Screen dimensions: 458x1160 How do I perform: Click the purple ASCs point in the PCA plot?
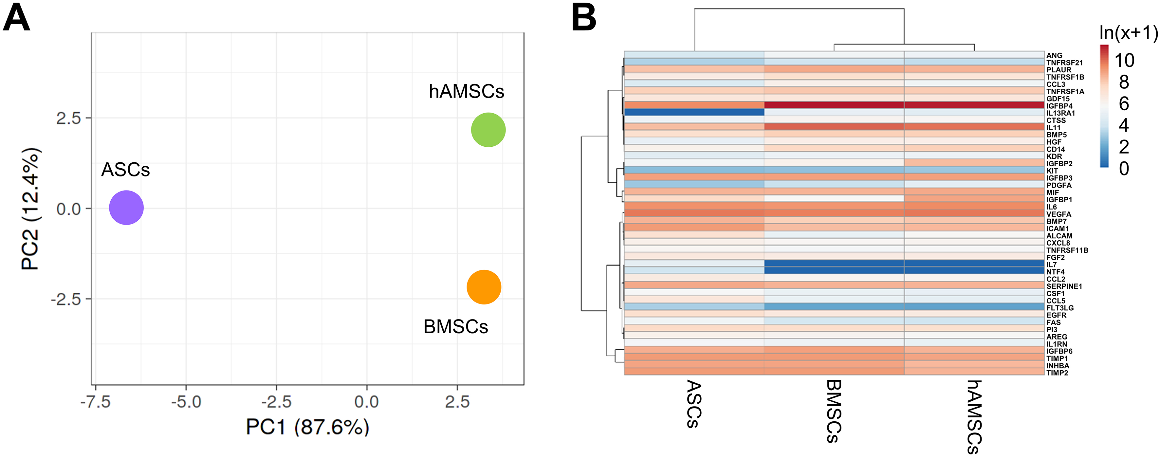pos(126,208)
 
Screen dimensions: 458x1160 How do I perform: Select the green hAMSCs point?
pos(488,130)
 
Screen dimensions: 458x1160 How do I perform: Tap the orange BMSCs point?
pos(484,287)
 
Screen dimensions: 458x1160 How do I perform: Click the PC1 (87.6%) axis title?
pos(307,427)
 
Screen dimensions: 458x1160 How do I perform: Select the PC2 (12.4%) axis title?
pos(31,209)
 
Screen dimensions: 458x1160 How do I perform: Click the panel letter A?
pos(16,18)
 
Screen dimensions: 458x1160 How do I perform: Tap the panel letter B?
pos(584,18)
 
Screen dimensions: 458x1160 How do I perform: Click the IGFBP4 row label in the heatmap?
pos(1059,106)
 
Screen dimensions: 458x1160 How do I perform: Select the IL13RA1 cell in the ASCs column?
pos(694,112)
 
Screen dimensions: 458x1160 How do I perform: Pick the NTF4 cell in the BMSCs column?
pos(834,271)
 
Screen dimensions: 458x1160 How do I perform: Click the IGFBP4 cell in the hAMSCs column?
pos(974,105)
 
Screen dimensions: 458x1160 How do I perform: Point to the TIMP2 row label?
pos(1057,373)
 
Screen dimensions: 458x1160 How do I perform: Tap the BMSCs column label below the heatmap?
pos(834,411)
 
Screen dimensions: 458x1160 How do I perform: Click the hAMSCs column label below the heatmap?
pos(974,416)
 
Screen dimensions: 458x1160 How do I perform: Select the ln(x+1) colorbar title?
pos(1128,33)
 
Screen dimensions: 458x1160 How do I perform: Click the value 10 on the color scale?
pos(1124,60)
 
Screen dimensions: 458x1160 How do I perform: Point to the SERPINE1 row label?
pos(1064,286)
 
